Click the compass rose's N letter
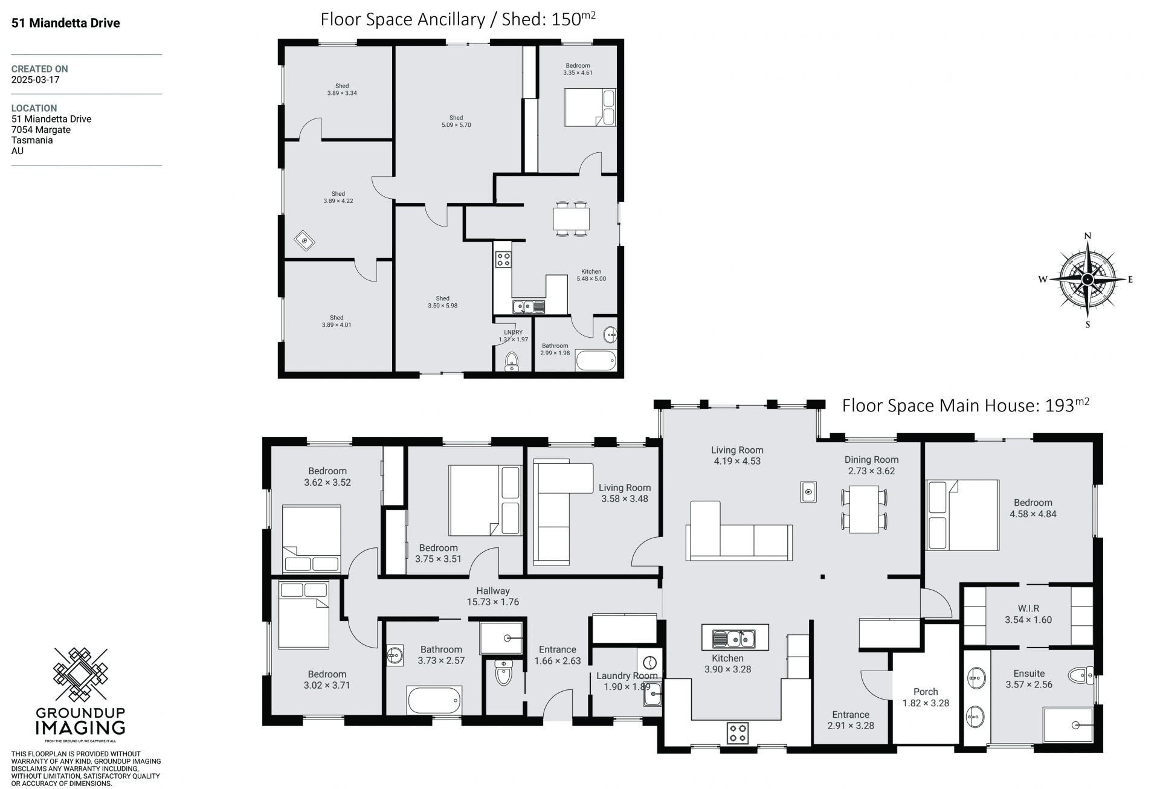[x=1087, y=236]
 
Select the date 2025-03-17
[x=35, y=80]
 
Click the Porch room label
[x=926, y=692]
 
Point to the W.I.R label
[x=1028, y=608]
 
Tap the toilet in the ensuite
[x=1081, y=675]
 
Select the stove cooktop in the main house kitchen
[x=737, y=733]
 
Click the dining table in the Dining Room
[x=864, y=508]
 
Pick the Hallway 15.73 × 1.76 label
[x=492, y=596]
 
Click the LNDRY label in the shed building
[x=513, y=332]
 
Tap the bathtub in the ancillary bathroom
[x=596, y=360]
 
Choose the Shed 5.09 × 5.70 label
[x=456, y=121]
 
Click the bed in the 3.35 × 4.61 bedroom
[x=590, y=108]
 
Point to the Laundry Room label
[x=627, y=676]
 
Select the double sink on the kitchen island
[x=734, y=638]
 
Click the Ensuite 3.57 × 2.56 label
[x=1029, y=678]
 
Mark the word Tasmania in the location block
[x=32, y=140]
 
